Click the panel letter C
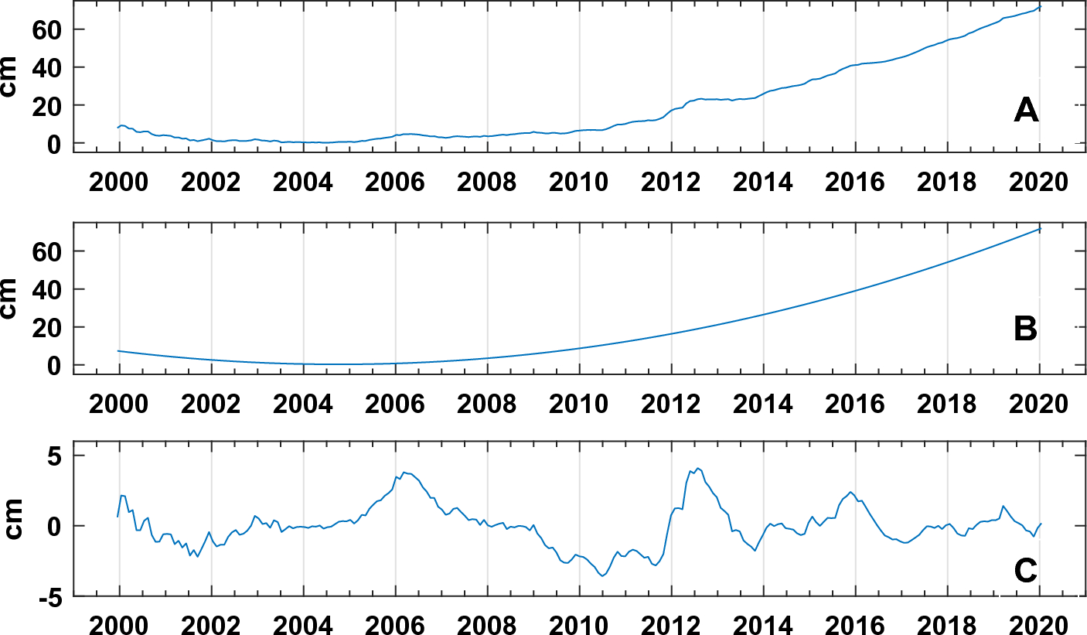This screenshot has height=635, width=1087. pyautogui.click(x=1026, y=571)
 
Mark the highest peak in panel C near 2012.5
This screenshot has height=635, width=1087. pyautogui.click(x=697, y=468)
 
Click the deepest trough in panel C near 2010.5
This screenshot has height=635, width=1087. pyautogui.click(x=603, y=575)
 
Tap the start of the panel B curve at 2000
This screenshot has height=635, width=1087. pyautogui.click(x=118, y=350)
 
